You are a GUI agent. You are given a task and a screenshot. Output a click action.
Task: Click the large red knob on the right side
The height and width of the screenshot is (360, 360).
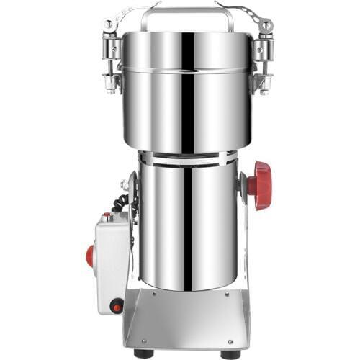point(261,185)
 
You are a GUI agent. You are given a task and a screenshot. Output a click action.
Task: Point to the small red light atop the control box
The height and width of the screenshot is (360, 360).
point(106,216)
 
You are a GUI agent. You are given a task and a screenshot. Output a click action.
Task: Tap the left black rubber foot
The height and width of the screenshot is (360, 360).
point(143,354)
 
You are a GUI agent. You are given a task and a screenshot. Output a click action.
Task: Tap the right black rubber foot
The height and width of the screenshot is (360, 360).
point(230,354)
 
